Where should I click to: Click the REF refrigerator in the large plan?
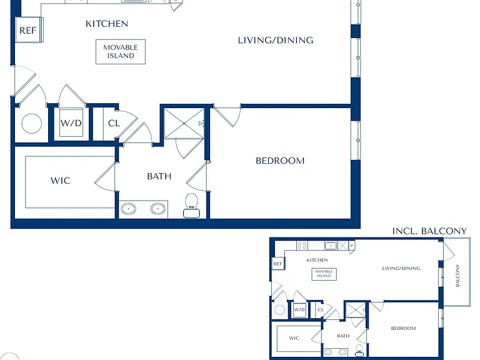click(x=27, y=30)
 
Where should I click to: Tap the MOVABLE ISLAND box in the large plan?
click(x=121, y=52)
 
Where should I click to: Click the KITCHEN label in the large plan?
click(x=107, y=24)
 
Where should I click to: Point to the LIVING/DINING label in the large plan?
click(x=276, y=40)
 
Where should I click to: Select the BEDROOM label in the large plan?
click(x=280, y=161)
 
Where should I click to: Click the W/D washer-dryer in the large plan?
click(x=71, y=122)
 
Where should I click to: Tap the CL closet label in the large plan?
click(x=114, y=123)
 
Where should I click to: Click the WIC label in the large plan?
click(x=61, y=180)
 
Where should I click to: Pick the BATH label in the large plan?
click(x=159, y=176)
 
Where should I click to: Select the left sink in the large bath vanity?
click(x=128, y=209)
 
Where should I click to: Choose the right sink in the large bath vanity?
click(x=158, y=209)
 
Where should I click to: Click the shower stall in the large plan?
click(x=184, y=123)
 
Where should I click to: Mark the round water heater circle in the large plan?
click(x=31, y=123)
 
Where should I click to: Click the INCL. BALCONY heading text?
click(x=429, y=231)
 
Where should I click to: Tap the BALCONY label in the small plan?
click(x=457, y=276)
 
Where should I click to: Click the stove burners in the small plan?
click(x=302, y=246)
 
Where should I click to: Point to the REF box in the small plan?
click(x=277, y=264)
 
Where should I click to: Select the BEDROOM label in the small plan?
click(x=404, y=328)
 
